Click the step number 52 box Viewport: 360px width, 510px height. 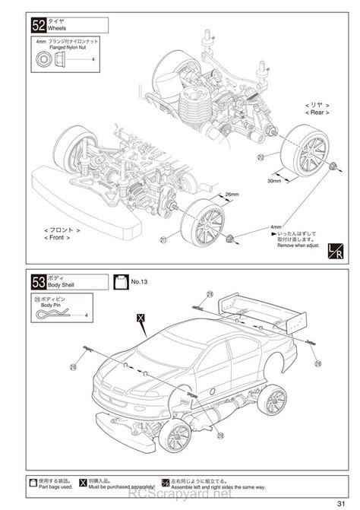point(39,25)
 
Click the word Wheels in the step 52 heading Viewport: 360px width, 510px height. point(58,29)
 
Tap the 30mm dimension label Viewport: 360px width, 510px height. point(274,182)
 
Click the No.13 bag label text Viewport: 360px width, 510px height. point(139,281)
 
